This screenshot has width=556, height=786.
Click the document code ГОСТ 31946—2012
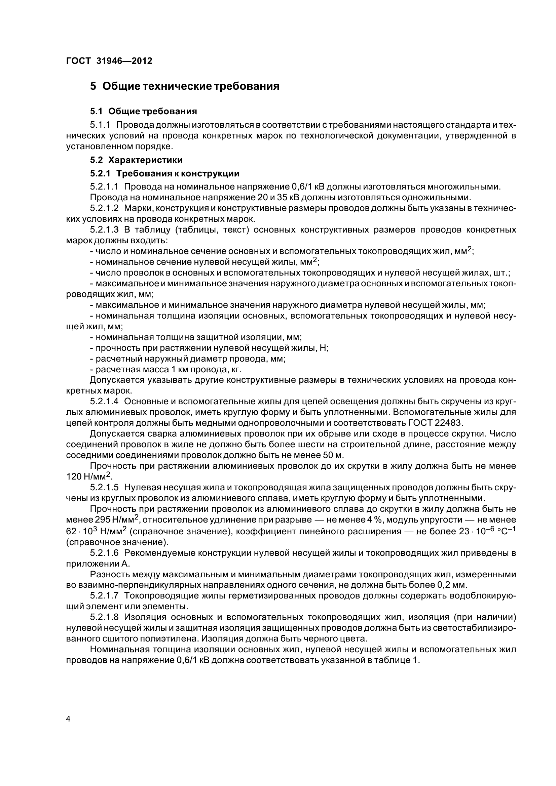click(x=109, y=61)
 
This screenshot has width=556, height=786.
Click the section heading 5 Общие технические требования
click(x=185, y=86)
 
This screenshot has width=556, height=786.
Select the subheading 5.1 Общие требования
click(x=144, y=111)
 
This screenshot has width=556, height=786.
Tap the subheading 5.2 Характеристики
click(x=136, y=160)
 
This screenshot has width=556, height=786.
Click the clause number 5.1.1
click(x=100, y=125)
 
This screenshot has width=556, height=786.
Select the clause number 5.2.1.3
click(x=105, y=230)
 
